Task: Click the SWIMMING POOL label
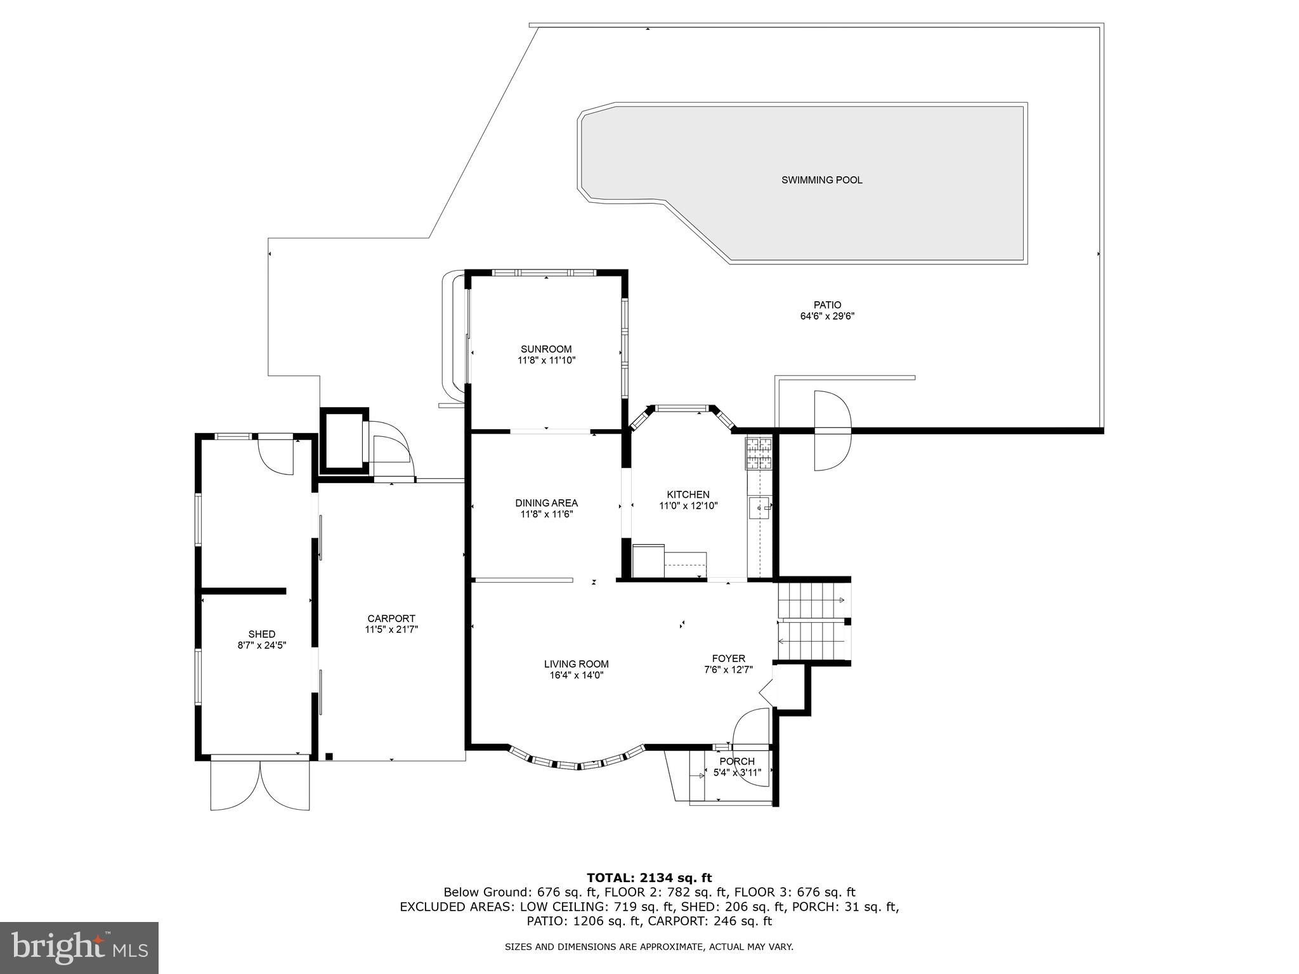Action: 821,180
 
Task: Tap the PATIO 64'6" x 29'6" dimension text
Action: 827,316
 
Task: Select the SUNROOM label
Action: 546,349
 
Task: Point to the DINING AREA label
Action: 546,503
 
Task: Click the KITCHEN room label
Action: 688,495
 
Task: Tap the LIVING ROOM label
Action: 576,664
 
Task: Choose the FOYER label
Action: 728,658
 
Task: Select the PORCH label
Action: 737,762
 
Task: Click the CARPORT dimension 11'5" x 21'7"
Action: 391,630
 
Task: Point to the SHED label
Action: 261,633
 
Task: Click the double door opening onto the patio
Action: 832,431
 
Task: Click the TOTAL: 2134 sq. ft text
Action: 649,878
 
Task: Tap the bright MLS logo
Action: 79,947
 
